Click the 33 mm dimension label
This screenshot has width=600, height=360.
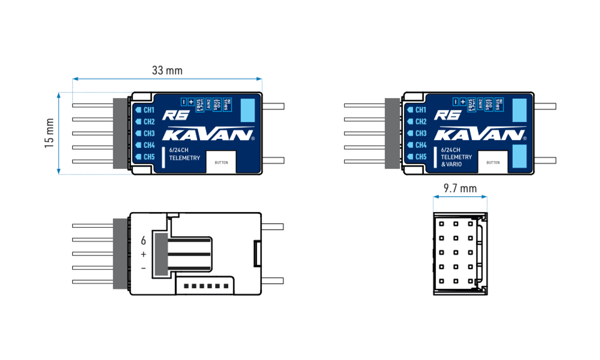[x=167, y=70]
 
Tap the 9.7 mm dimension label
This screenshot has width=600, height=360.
[x=460, y=188]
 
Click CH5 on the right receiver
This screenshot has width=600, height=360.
[x=420, y=157]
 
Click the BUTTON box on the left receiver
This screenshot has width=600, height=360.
[x=221, y=162]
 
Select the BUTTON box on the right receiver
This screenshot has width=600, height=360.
[x=492, y=162]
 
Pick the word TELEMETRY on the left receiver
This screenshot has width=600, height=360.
[x=184, y=158]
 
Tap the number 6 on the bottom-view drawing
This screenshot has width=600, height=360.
[x=143, y=240]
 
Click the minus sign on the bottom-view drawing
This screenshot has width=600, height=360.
[x=143, y=269]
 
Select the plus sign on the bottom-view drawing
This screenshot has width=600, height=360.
[x=143, y=254]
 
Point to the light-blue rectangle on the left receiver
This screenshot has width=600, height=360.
[x=247, y=110]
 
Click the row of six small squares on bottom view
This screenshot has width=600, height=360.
[x=206, y=286]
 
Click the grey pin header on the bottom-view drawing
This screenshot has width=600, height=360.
[x=120, y=253]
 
